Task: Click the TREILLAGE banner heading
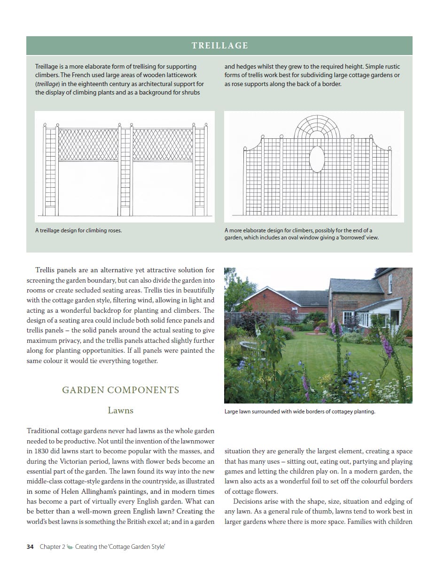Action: pyautogui.click(x=219, y=46)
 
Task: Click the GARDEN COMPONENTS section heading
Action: pyautogui.click(x=121, y=390)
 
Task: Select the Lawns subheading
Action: pyautogui.click(x=120, y=411)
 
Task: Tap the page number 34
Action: pyautogui.click(x=30, y=546)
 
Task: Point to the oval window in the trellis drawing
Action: pyautogui.click(x=317, y=158)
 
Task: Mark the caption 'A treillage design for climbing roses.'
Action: pyautogui.click(x=78, y=230)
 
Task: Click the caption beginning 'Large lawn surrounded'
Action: pyautogui.click(x=299, y=412)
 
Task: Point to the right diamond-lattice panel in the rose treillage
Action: pyautogui.click(x=163, y=144)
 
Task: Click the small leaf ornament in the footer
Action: pyautogui.click(x=70, y=546)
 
